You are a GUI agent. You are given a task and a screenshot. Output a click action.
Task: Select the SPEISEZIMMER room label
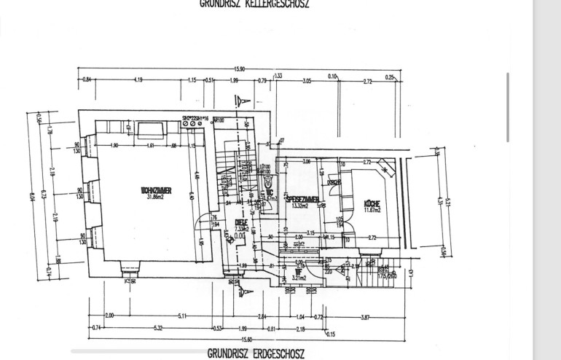(x=302, y=198)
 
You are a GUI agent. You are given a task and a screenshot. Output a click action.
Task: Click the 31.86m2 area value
(x=154, y=196)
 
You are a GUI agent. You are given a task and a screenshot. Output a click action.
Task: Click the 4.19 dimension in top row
(x=138, y=80)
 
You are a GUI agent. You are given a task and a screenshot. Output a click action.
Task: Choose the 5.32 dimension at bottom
(x=157, y=329)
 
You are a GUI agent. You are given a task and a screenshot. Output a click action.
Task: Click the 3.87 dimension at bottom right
(x=364, y=316)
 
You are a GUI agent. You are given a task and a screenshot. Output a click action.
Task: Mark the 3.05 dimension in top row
(x=307, y=80)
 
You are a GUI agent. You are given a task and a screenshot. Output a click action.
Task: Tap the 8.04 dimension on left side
(x=33, y=195)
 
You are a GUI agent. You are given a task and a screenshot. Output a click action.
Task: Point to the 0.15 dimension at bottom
(x=331, y=334)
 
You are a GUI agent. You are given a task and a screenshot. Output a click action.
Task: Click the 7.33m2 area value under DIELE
(x=241, y=229)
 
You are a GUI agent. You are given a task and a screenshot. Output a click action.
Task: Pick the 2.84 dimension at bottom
(x=262, y=316)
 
